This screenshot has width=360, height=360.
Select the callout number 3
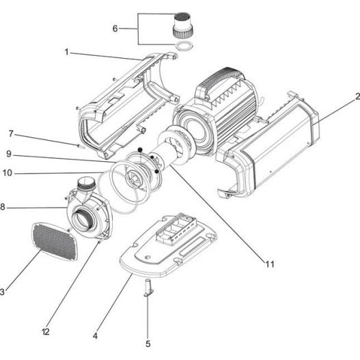pyautogui.click(x=2, y=292)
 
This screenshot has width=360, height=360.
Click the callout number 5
pyautogui.click(x=148, y=344)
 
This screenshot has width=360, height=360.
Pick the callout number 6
pyautogui.click(x=115, y=29)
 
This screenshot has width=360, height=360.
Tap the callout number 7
pyautogui.click(x=11, y=133)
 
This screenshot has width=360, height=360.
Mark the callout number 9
pyautogui.click(x=11, y=154)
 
